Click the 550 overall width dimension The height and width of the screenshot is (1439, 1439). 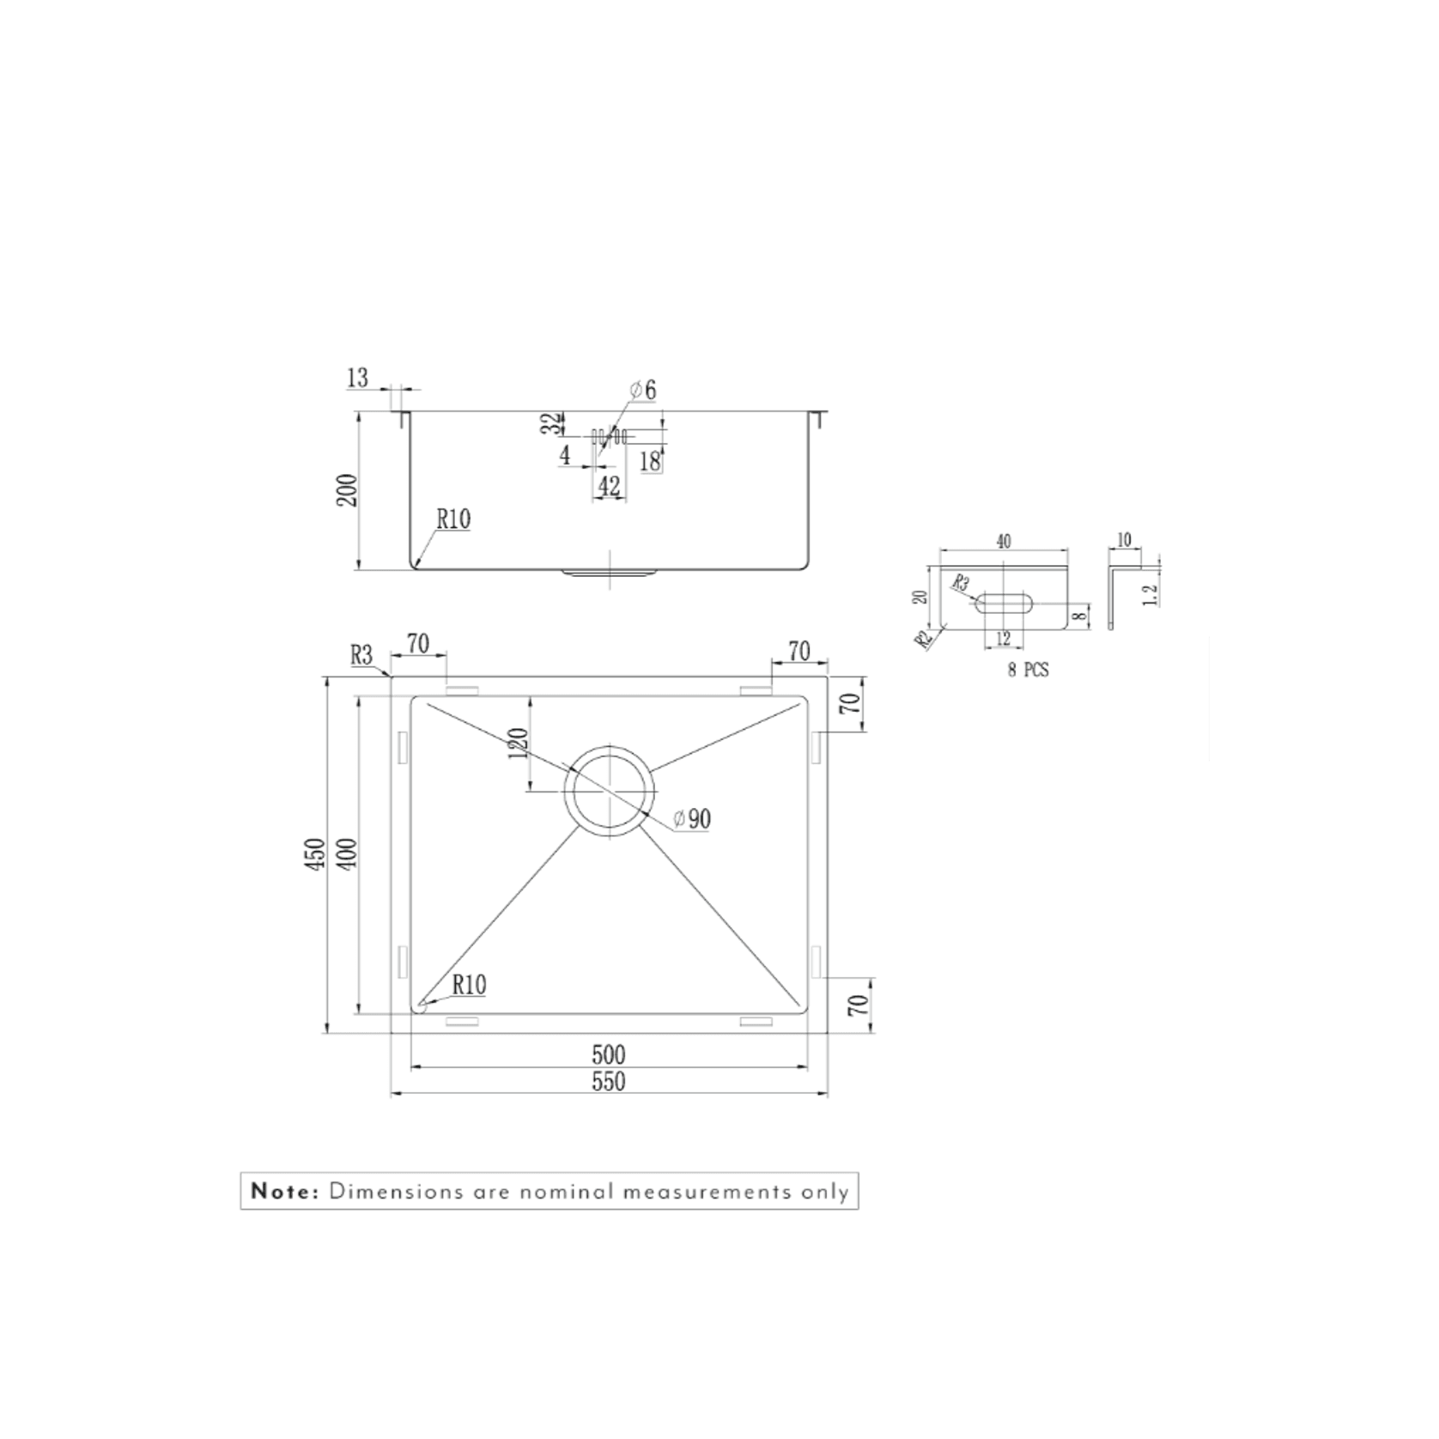tap(608, 1082)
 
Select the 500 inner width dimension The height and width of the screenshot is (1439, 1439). tap(608, 1054)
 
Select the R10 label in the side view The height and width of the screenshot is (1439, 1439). tap(452, 519)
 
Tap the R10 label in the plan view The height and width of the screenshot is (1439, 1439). tap(469, 985)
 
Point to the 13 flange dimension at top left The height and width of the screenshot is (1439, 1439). tap(358, 377)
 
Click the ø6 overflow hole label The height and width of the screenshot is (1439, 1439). tap(643, 390)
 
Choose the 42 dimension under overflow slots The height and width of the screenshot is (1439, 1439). tap(609, 487)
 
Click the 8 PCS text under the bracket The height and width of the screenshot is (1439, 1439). tap(1028, 670)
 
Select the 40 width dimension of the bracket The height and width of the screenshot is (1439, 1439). tap(1003, 541)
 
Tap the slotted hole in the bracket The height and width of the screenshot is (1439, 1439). tap(1003, 604)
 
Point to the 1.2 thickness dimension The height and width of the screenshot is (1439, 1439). tap(1151, 592)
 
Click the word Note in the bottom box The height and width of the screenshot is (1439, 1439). tap(284, 1192)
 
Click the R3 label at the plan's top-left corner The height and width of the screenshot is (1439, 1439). tap(362, 655)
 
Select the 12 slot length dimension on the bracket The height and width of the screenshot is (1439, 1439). tap(1003, 639)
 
